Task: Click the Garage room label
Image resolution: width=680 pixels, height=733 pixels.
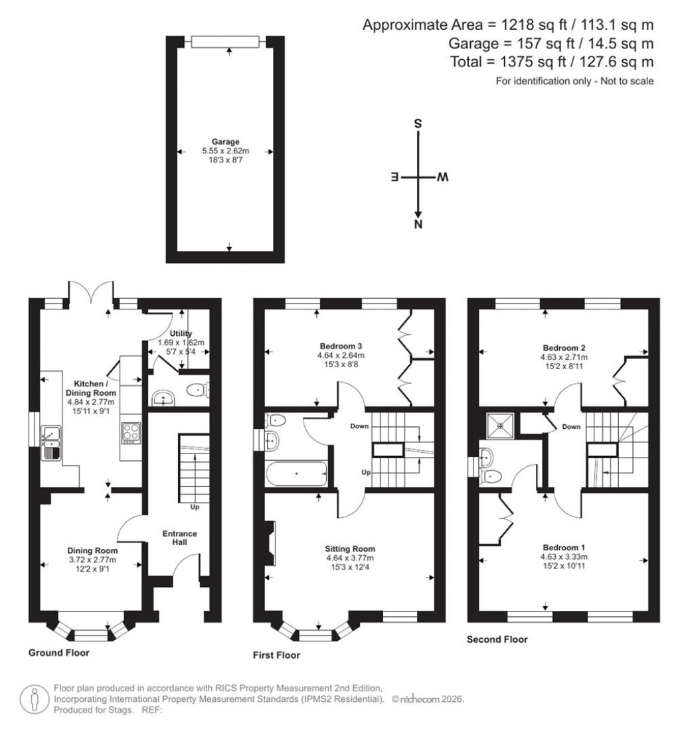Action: [x=225, y=141]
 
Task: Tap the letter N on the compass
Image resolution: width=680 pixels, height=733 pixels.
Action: [x=418, y=224]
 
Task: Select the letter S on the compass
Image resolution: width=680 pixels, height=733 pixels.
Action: [x=418, y=124]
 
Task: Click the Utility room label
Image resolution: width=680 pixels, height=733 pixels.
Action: [x=181, y=334]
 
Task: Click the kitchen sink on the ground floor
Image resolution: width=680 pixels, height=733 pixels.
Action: [x=50, y=444]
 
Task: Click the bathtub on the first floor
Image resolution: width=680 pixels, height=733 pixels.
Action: [x=296, y=474]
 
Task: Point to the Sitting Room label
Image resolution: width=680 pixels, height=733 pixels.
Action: [x=350, y=548]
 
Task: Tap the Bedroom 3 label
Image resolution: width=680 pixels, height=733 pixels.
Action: [x=340, y=346]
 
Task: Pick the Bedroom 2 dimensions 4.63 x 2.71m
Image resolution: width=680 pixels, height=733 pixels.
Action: [x=564, y=357]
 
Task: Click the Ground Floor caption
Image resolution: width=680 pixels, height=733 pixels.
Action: [x=58, y=653]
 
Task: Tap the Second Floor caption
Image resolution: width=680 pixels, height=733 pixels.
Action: [x=497, y=639]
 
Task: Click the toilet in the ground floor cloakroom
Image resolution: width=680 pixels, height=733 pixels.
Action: [x=196, y=390]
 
